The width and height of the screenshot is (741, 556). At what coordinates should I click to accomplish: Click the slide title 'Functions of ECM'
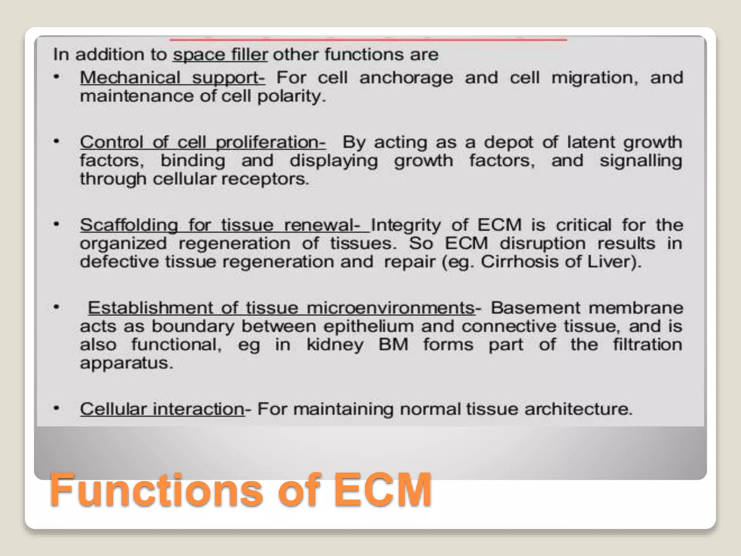point(241,490)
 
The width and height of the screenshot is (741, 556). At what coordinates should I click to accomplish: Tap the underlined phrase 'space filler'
point(220,55)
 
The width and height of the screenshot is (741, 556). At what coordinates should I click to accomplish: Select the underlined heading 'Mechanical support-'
point(172,78)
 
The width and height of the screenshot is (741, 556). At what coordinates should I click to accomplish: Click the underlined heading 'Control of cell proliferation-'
point(203,142)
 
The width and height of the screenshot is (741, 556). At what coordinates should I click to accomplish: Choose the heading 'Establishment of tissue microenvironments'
point(281,308)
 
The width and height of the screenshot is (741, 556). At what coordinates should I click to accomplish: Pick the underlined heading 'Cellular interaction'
point(162,409)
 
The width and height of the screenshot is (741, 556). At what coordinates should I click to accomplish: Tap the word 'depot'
point(508,142)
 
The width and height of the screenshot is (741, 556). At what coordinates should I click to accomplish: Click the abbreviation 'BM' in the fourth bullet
point(393,344)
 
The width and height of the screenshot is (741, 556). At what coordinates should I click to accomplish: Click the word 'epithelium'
point(368,327)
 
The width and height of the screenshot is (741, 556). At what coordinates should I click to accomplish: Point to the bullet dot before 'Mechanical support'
point(56,77)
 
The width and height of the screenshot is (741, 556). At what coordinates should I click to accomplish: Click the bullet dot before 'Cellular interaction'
point(56,408)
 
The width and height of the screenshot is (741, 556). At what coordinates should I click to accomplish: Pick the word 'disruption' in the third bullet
point(542,243)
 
